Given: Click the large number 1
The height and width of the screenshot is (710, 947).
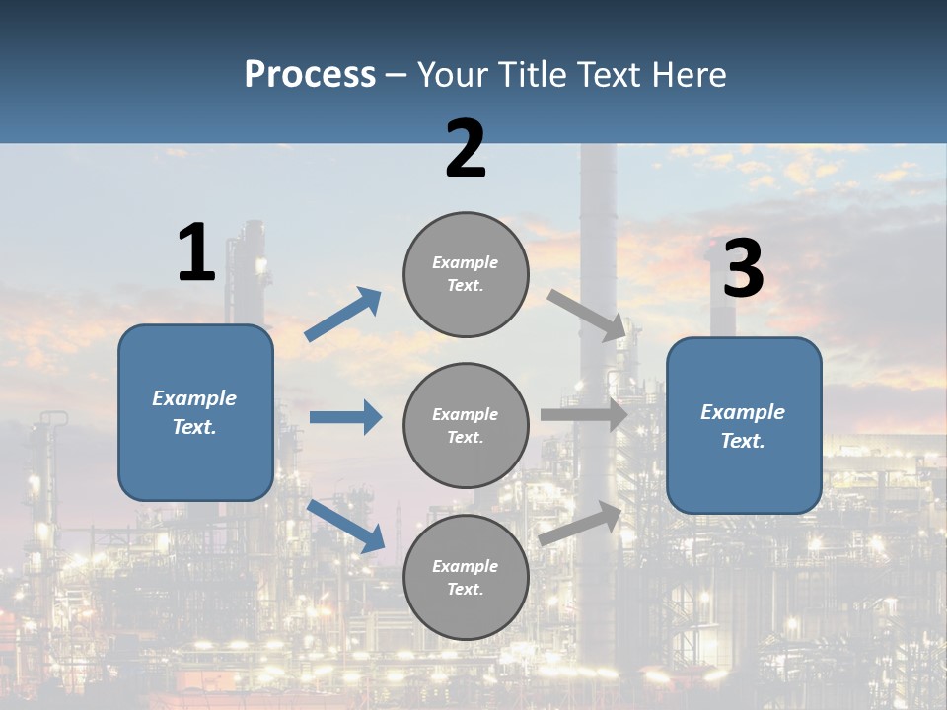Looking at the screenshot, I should (196, 252).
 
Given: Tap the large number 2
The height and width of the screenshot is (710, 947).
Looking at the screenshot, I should (466, 149).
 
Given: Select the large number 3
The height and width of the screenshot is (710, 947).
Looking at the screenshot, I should (743, 269).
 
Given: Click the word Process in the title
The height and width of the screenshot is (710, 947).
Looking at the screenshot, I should (310, 75).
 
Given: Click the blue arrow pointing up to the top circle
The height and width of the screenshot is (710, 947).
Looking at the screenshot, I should (343, 315).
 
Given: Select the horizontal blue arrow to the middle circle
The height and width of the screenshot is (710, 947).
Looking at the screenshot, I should (345, 417).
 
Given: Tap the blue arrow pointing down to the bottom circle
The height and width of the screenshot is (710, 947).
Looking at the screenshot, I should (345, 525).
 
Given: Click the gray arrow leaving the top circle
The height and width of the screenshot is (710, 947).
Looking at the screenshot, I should (587, 315).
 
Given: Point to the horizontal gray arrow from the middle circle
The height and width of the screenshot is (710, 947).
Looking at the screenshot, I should (583, 415).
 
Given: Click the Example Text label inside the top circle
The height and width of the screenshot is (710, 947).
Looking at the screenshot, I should (466, 273).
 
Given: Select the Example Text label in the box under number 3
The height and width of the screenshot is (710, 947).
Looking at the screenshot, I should (743, 426).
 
